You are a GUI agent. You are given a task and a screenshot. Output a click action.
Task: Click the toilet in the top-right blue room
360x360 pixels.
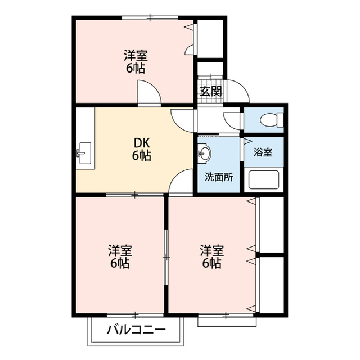tap(272, 120)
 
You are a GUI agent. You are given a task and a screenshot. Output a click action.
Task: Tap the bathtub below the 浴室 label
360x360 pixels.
tap(264, 179)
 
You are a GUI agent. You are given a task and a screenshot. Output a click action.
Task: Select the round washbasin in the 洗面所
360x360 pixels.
tap(204, 152)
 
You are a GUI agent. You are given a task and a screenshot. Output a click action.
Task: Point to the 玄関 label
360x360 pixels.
tap(211, 91)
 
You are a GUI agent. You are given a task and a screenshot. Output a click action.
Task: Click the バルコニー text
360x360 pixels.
tap(136, 330)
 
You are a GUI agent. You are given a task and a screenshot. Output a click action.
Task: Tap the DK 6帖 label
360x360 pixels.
tap(141, 150)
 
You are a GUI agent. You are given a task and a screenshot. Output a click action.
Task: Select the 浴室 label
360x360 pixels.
tap(263, 152)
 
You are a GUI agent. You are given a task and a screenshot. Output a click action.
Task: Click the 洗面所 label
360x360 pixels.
tap(219, 177)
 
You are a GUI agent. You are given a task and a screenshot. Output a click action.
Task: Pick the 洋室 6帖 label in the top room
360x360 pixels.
tap(136, 61)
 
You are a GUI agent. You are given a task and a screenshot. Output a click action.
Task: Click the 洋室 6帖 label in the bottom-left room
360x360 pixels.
tap(120, 256)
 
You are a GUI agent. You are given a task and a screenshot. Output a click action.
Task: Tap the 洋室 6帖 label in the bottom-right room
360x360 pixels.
tap(211, 256)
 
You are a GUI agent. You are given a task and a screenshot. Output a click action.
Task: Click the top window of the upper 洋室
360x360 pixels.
tap(150, 17)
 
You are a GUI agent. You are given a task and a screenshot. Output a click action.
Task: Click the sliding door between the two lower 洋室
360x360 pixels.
tap(166, 257)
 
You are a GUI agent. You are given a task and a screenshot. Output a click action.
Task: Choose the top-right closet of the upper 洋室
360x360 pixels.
tap(210, 39)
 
